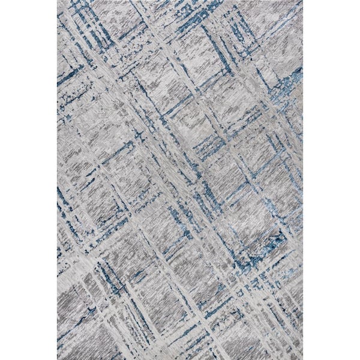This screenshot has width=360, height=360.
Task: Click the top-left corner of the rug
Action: click(x=58, y=1)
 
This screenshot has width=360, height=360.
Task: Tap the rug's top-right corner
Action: click(x=302, y=1)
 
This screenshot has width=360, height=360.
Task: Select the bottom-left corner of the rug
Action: click(x=58, y=359)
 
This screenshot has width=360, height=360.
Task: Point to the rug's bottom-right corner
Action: click(x=302, y=359)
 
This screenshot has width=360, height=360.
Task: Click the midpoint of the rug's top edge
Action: click(x=180, y=1)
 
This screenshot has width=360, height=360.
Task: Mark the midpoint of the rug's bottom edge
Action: click(x=180, y=359)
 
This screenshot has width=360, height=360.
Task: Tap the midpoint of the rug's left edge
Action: click(x=58, y=180)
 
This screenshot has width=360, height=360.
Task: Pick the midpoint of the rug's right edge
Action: click(x=302, y=180)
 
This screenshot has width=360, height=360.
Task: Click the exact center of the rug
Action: click(x=180, y=180)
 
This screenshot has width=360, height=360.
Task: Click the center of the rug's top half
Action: click(x=180, y=90)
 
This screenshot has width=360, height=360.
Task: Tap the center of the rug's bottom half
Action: click(x=180, y=270)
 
